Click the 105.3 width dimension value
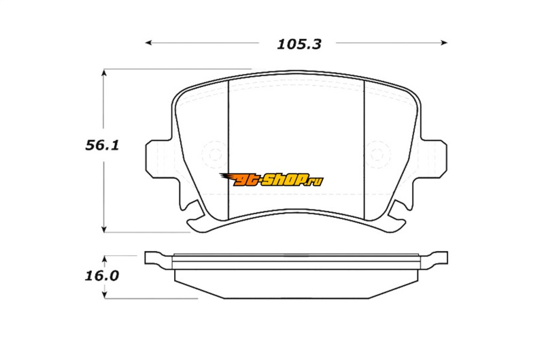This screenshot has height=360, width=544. pos(299,44)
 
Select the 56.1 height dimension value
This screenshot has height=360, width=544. pos(102,145)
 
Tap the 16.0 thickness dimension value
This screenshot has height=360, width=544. pos(102,276)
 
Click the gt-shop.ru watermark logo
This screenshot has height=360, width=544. pos(271,180)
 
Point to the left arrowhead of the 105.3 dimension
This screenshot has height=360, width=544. pos(148,43)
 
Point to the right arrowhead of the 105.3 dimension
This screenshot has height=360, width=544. pos(444,43)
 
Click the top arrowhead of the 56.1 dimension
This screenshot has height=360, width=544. pos(104,73)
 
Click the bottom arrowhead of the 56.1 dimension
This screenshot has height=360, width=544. pos(104,229)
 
